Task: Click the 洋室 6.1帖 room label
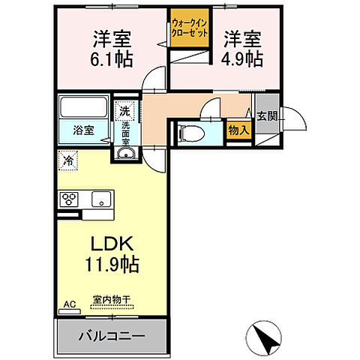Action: (x=109, y=46)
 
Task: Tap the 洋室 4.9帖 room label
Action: (x=241, y=46)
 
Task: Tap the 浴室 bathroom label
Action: (x=84, y=130)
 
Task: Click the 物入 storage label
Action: (x=238, y=130)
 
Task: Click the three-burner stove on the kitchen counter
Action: (x=70, y=199)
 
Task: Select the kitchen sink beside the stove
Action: (x=100, y=199)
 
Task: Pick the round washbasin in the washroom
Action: (x=125, y=154)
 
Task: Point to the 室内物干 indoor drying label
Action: (x=112, y=299)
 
